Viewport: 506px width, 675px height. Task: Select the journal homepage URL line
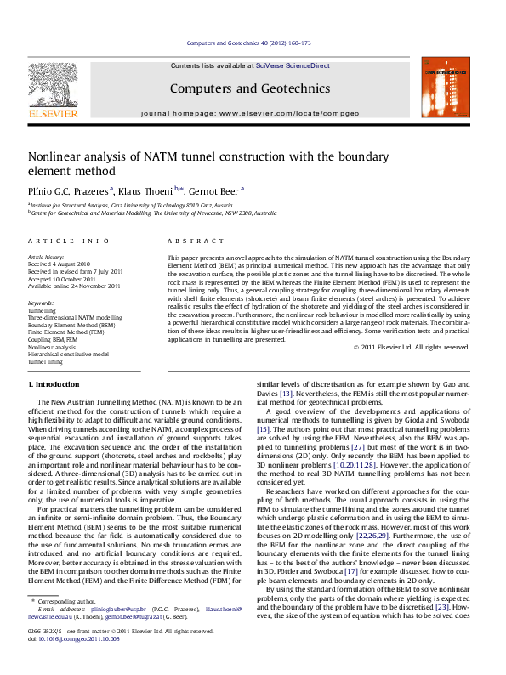pyautogui.click(x=250, y=112)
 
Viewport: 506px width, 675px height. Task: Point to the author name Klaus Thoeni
pyautogui.click(x=151, y=190)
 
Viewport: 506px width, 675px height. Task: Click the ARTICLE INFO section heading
pyautogui.click(x=68, y=241)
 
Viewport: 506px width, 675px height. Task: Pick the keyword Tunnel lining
pyautogui.click(x=45, y=362)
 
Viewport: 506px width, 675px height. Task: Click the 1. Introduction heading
pyautogui.click(x=54, y=385)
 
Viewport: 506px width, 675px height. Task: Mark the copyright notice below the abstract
pyautogui.click(x=412, y=347)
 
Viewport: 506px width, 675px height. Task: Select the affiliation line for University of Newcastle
pyautogui.click(x=153, y=213)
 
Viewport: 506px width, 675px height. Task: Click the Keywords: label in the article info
pyautogui.click(x=42, y=303)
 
